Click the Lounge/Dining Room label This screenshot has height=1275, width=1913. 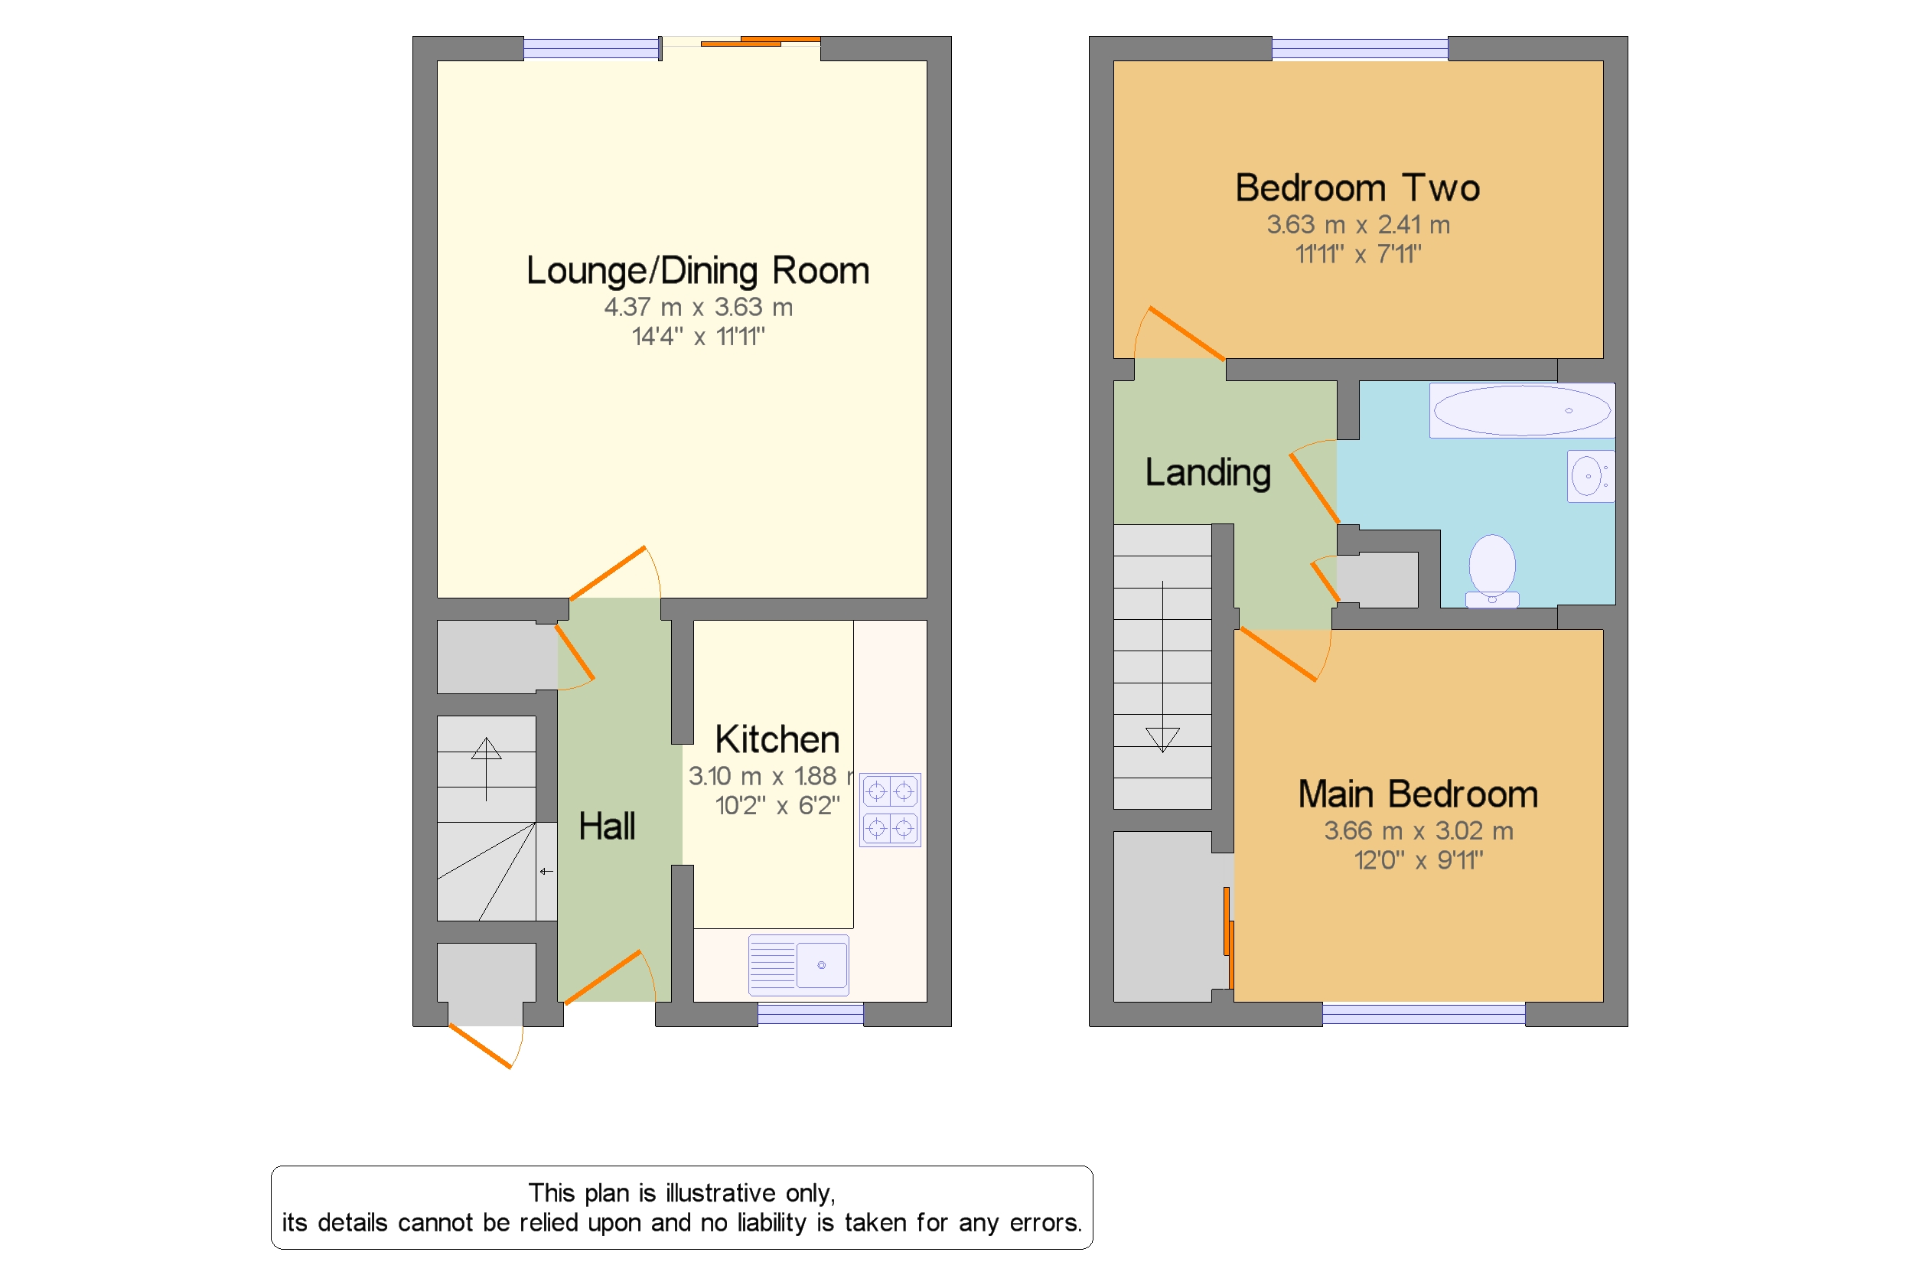(697, 272)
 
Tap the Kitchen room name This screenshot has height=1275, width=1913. (777, 739)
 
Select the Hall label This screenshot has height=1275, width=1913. (607, 827)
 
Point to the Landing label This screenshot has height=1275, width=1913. (1207, 473)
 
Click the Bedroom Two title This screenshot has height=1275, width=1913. (1357, 187)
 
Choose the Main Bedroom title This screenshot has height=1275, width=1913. (1417, 794)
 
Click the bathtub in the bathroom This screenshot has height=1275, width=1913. (1521, 410)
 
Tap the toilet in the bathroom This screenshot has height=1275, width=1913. (1492, 571)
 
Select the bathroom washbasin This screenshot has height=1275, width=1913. (1590, 476)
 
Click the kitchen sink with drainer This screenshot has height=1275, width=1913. (797, 965)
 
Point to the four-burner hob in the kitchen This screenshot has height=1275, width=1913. (889, 810)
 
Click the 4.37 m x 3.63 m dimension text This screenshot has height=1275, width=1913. (698, 308)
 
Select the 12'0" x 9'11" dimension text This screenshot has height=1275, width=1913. (1418, 860)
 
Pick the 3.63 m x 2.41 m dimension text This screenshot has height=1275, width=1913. (1357, 224)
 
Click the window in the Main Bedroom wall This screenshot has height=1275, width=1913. (1423, 1014)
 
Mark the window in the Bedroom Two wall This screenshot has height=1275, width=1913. (1359, 49)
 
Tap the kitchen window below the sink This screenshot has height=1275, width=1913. (810, 1014)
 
